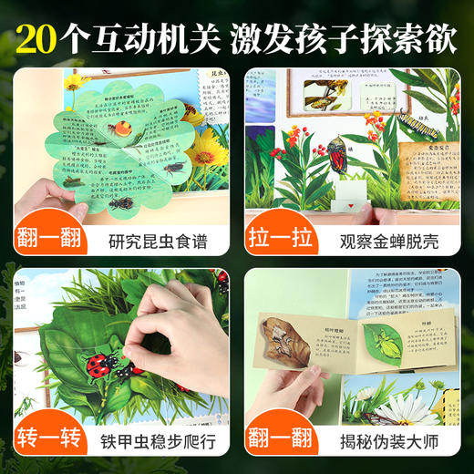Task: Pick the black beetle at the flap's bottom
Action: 119,201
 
